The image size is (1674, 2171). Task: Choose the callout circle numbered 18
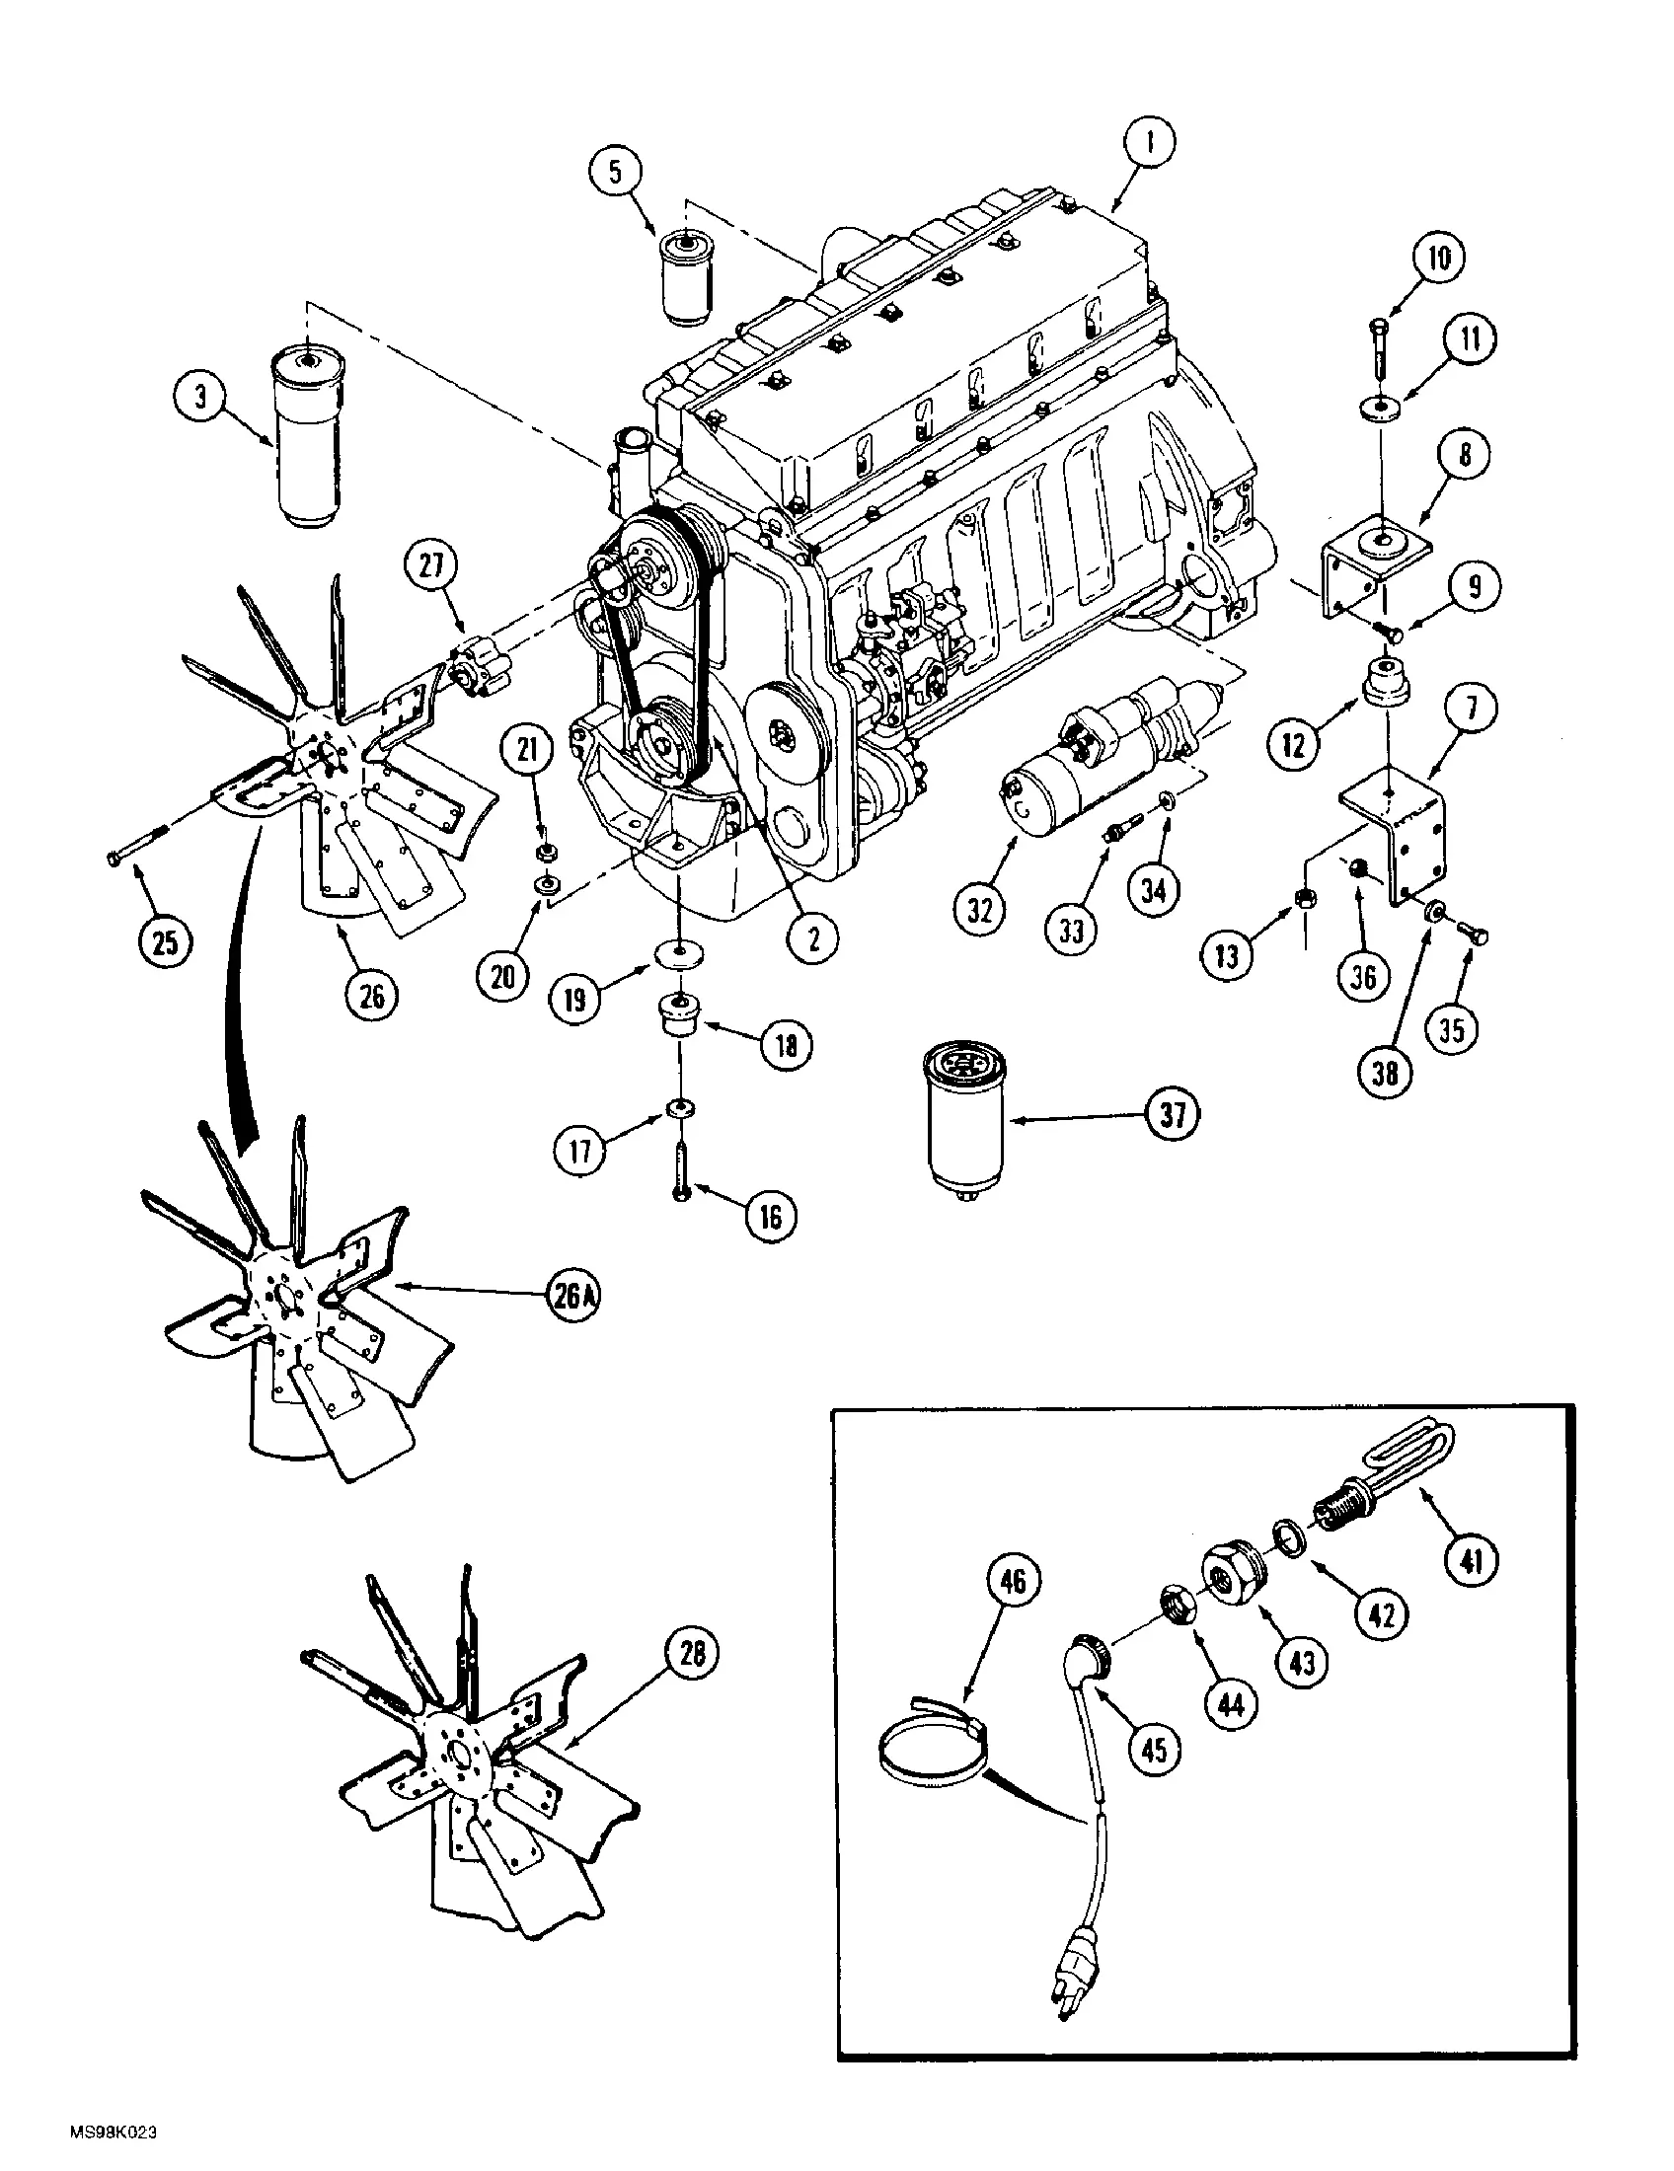tap(786, 1046)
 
